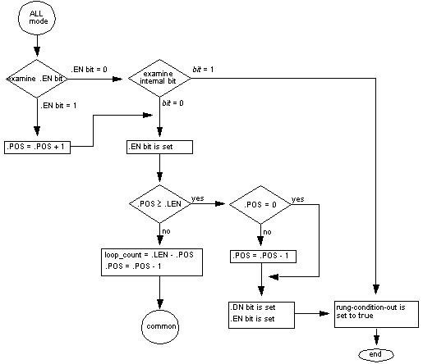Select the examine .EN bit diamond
click(34, 79)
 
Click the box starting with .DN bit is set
click(259, 314)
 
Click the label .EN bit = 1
click(59, 107)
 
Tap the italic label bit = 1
click(204, 69)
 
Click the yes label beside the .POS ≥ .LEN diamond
click(198, 198)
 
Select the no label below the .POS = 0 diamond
click(267, 232)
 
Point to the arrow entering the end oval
click(376, 338)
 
